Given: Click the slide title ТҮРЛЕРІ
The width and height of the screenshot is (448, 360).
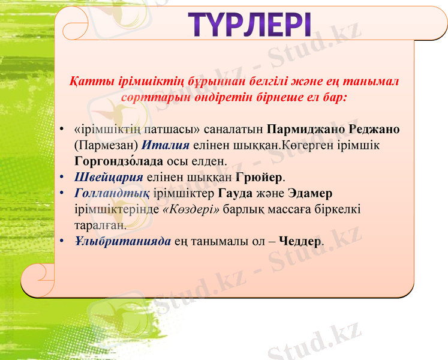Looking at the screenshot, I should (x=250, y=25).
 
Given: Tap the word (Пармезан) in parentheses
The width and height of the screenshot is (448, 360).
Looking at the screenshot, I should (x=106, y=146).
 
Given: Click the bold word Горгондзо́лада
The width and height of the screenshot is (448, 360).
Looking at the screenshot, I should (x=119, y=161).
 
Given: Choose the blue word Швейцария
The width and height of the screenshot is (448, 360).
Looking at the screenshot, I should (x=108, y=178).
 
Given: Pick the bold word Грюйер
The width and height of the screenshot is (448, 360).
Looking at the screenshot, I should (x=260, y=178).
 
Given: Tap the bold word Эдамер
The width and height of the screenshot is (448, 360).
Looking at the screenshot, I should (x=310, y=194).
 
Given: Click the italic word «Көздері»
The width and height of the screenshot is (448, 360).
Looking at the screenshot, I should (x=191, y=210).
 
